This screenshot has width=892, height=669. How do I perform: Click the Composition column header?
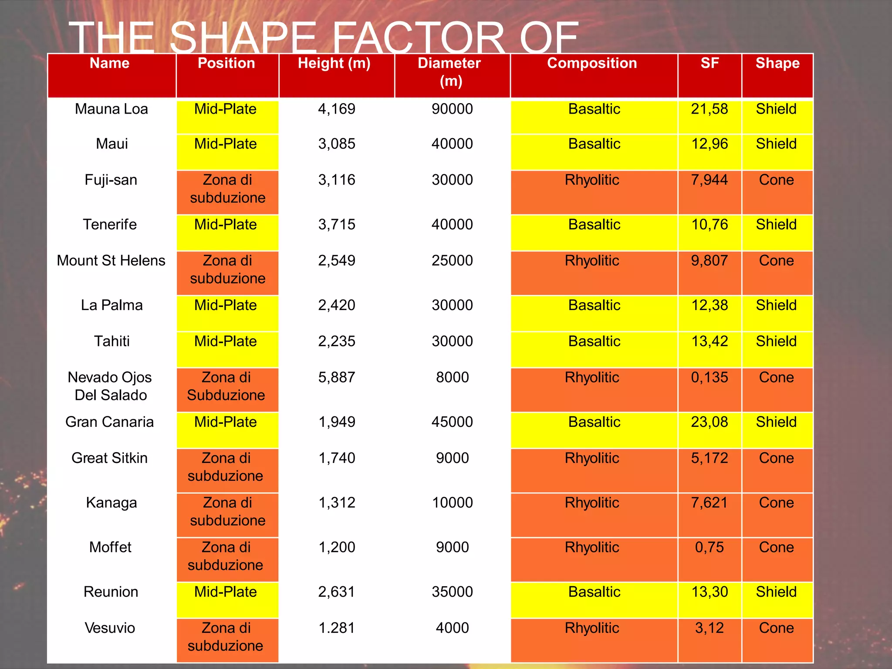click(592, 64)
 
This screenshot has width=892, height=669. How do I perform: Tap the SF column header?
click(710, 64)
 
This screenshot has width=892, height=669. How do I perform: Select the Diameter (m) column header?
click(450, 72)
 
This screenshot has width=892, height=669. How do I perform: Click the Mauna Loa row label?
click(111, 109)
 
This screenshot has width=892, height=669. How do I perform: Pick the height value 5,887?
click(337, 377)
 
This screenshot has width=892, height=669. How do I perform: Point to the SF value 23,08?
click(710, 422)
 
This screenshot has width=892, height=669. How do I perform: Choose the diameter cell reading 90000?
click(452, 109)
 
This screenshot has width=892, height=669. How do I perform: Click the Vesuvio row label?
click(110, 628)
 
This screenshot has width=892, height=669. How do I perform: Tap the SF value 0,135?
click(710, 377)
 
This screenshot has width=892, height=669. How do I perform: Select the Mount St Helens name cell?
click(111, 260)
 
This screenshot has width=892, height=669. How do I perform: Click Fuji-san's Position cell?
click(227, 189)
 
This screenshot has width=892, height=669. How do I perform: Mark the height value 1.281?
click(337, 628)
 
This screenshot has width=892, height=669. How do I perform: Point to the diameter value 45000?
click(452, 422)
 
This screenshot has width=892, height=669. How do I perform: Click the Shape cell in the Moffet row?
click(777, 547)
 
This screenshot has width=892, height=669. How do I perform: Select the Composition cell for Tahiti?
click(594, 341)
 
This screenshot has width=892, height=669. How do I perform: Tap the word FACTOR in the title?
click(418, 38)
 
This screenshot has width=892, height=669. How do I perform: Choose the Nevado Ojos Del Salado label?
click(110, 386)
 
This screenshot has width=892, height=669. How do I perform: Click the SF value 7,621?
click(710, 503)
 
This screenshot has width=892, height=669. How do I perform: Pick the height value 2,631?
click(337, 592)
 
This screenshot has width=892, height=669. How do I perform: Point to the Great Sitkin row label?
click(110, 458)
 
